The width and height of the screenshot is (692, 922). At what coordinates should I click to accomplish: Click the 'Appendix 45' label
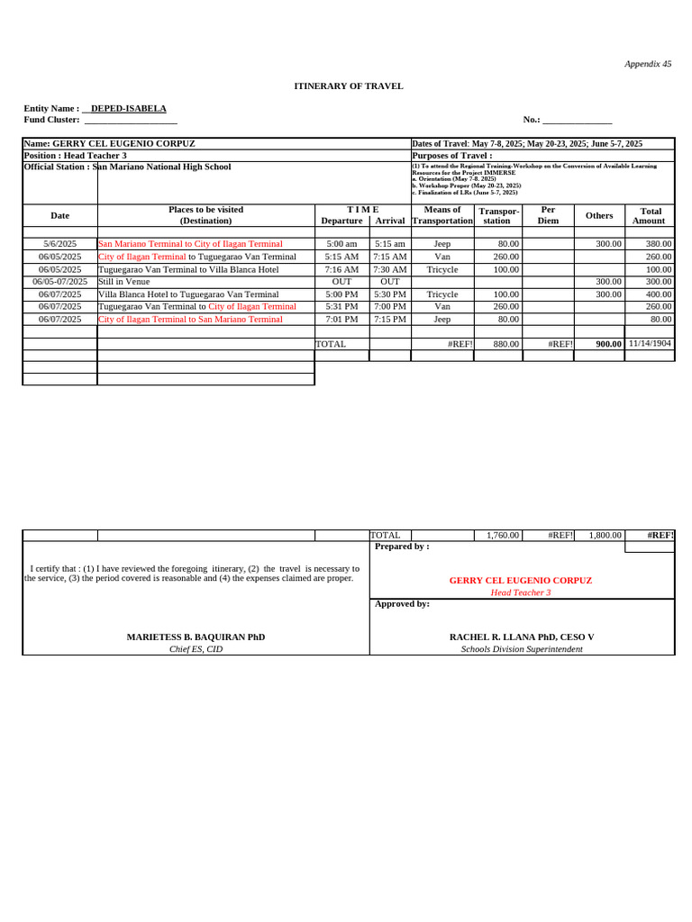[x=648, y=64]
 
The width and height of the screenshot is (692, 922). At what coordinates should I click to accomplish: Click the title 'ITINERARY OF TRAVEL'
[x=349, y=86]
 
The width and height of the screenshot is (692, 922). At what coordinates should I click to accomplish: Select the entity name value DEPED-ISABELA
[x=134, y=108]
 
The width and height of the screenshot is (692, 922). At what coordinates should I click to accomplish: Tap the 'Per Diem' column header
[x=548, y=215]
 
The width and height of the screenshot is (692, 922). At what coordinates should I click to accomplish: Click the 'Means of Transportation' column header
[x=442, y=215]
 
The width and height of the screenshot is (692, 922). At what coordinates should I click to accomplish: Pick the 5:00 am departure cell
[x=341, y=244]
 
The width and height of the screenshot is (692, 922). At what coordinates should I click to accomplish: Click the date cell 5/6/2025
[x=60, y=244]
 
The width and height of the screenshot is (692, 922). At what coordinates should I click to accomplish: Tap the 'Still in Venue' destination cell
[x=124, y=282]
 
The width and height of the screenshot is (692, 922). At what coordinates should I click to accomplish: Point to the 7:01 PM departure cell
[x=341, y=319]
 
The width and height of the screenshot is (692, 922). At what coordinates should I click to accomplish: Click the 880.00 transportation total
[x=506, y=344]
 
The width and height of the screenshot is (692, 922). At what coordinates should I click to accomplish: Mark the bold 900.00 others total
[x=608, y=344]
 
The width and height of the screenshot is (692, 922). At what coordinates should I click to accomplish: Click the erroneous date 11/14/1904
[x=650, y=343]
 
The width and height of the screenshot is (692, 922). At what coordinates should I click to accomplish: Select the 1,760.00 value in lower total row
[x=503, y=535]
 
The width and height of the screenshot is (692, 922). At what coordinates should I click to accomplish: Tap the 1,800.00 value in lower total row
[x=605, y=535]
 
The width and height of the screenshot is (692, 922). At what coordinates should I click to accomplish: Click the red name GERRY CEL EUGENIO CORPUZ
[x=520, y=581]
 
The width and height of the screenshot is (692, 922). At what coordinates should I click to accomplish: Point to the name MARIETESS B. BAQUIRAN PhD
[x=196, y=637]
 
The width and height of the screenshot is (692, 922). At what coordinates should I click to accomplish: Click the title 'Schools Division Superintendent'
[x=522, y=649]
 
